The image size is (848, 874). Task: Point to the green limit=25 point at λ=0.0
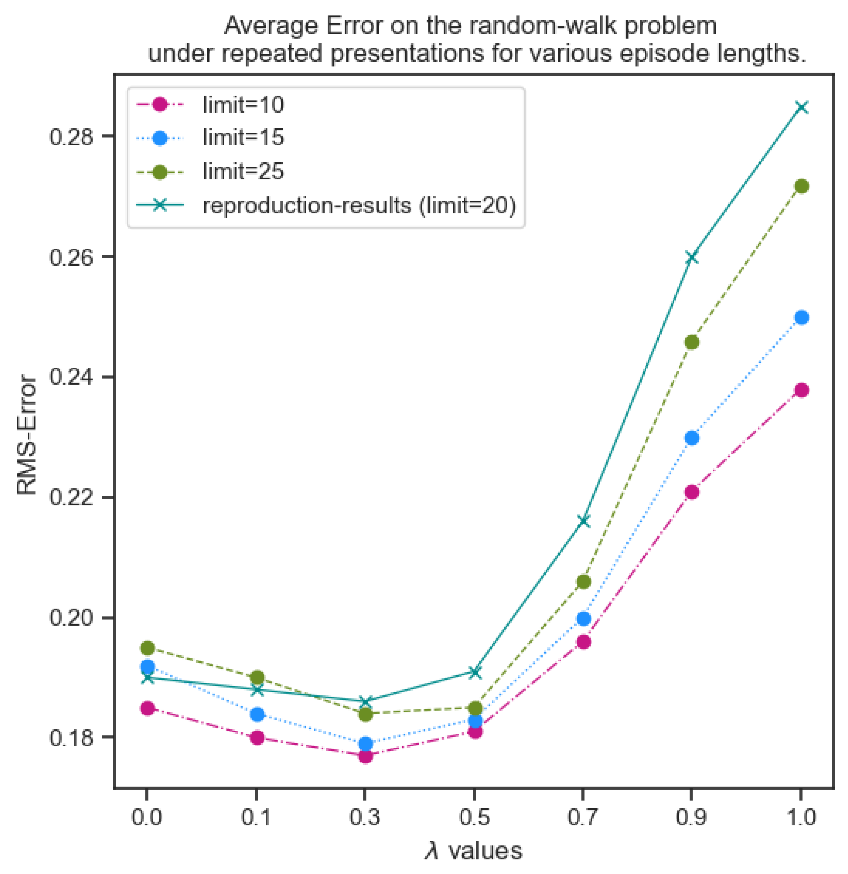(x=147, y=648)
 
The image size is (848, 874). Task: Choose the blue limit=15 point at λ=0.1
(x=257, y=714)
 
